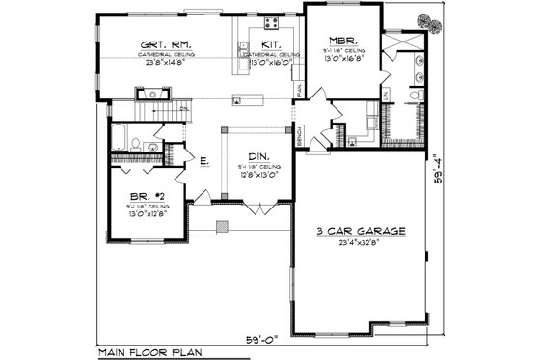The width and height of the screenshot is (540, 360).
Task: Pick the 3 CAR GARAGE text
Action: [361, 232]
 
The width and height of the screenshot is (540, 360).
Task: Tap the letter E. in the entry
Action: [205, 162]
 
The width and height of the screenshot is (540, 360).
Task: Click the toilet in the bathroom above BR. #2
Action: [136, 145]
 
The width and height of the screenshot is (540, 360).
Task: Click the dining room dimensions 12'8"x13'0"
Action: [256, 175]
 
